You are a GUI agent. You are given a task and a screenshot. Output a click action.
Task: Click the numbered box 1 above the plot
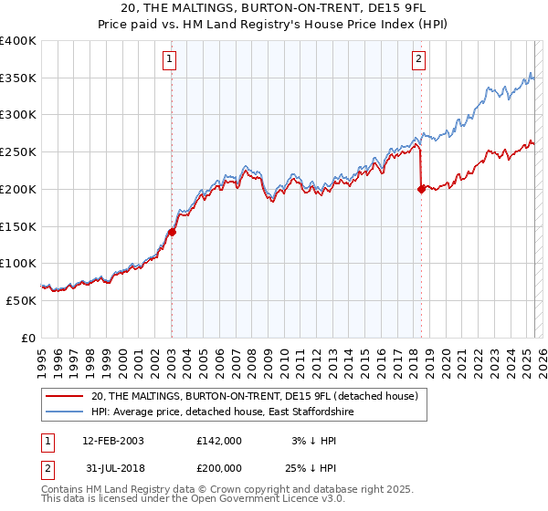pos(171,60)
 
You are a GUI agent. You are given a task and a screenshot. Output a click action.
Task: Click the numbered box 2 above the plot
pos(419,60)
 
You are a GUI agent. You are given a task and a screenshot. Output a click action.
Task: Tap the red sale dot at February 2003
pos(172,232)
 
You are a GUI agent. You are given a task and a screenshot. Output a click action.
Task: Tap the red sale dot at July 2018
pos(421,189)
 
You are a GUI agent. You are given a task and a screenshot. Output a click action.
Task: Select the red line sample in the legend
pos(66,396)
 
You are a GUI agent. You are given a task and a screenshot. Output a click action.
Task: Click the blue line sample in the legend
pos(66,412)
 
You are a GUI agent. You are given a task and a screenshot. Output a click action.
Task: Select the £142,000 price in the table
pos(219,440)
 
